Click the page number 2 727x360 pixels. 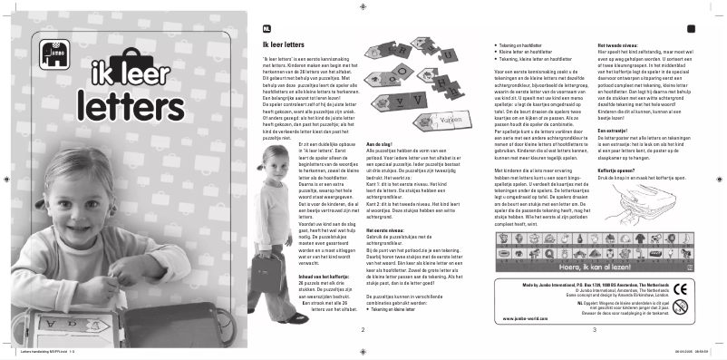(363, 329)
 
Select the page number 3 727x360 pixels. (594, 329)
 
